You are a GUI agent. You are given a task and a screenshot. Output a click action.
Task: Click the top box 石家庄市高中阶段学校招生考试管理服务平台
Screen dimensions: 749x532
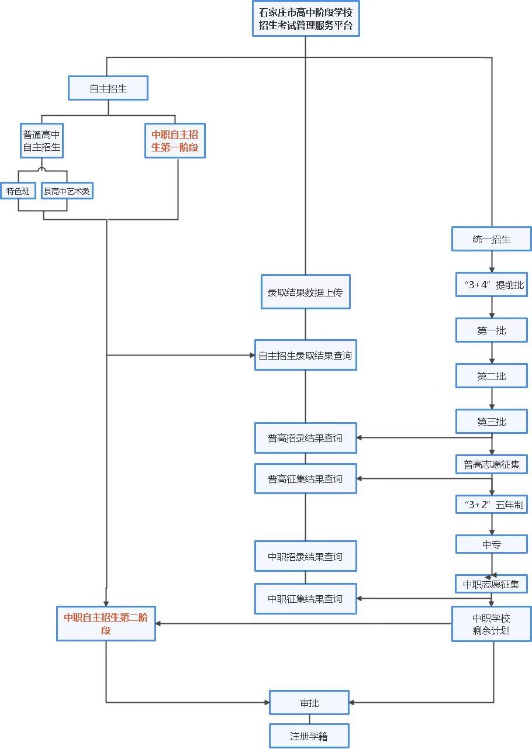pyautogui.click(x=306, y=19)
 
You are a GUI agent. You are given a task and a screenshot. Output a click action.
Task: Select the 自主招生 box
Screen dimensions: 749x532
pyautogui.click(x=108, y=89)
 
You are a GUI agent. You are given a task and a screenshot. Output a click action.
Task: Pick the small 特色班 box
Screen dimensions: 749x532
pyautogui.click(x=18, y=191)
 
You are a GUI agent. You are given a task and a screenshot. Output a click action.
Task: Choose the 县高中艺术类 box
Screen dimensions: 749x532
pyautogui.click(x=67, y=191)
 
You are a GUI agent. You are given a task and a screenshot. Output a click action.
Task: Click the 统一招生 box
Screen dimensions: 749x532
pyautogui.click(x=491, y=239)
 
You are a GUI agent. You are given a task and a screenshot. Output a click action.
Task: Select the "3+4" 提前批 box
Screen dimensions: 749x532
pyautogui.click(x=491, y=285)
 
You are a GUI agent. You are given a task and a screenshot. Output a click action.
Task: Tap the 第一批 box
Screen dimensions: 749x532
pyautogui.click(x=491, y=330)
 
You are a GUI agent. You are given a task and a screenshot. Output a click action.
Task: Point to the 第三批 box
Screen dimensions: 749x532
pyautogui.click(x=491, y=422)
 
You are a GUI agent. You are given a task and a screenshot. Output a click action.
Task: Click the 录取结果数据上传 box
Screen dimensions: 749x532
pyautogui.click(x=305, y=292)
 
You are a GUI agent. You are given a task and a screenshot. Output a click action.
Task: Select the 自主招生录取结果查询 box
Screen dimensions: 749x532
pyautogui.click(x=305, y=355)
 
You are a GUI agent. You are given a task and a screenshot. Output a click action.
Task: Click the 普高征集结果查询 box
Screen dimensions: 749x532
pyautogui.click(x=305, y=479)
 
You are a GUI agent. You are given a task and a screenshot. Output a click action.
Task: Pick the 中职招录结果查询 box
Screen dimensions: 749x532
pyautogui.click(x=305, y=557)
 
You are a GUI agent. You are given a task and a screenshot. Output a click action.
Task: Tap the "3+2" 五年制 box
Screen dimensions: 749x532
pyautogui.click(x=491, y=505)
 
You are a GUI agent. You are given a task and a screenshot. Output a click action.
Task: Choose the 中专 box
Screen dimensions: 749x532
pyautogui.click(x=491, y=544)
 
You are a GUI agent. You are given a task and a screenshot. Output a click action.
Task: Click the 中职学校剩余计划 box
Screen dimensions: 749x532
pyautogui.click(x=491, y=624)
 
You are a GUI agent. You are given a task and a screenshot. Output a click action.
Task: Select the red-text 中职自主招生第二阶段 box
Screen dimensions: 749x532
pyautogui.click(x=106, y=624)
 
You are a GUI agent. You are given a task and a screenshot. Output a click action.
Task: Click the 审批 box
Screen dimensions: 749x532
pyautogui.click(x=309, y=703)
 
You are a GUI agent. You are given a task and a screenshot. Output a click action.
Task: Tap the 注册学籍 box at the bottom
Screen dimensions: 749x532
pyautogui.click(x=309, y=736)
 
